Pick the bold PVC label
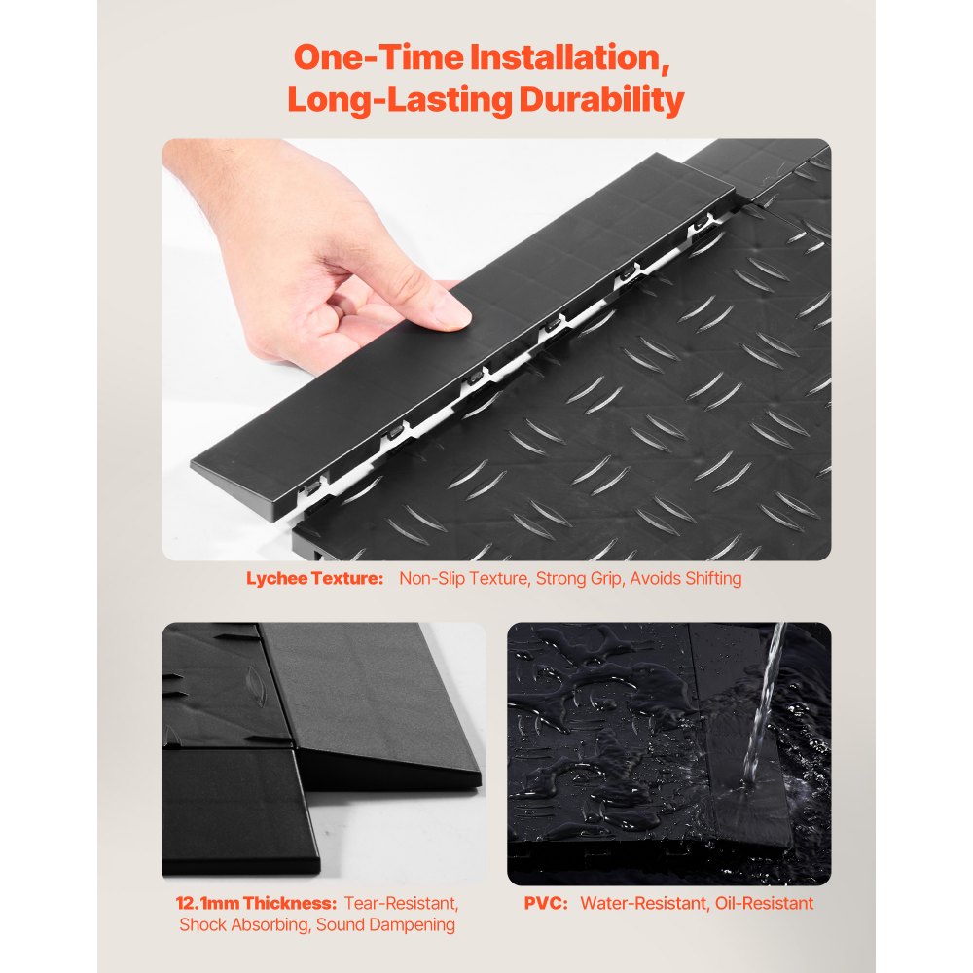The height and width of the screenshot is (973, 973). tap(546, 903)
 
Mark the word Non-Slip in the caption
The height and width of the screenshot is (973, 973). tap(430, 578)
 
